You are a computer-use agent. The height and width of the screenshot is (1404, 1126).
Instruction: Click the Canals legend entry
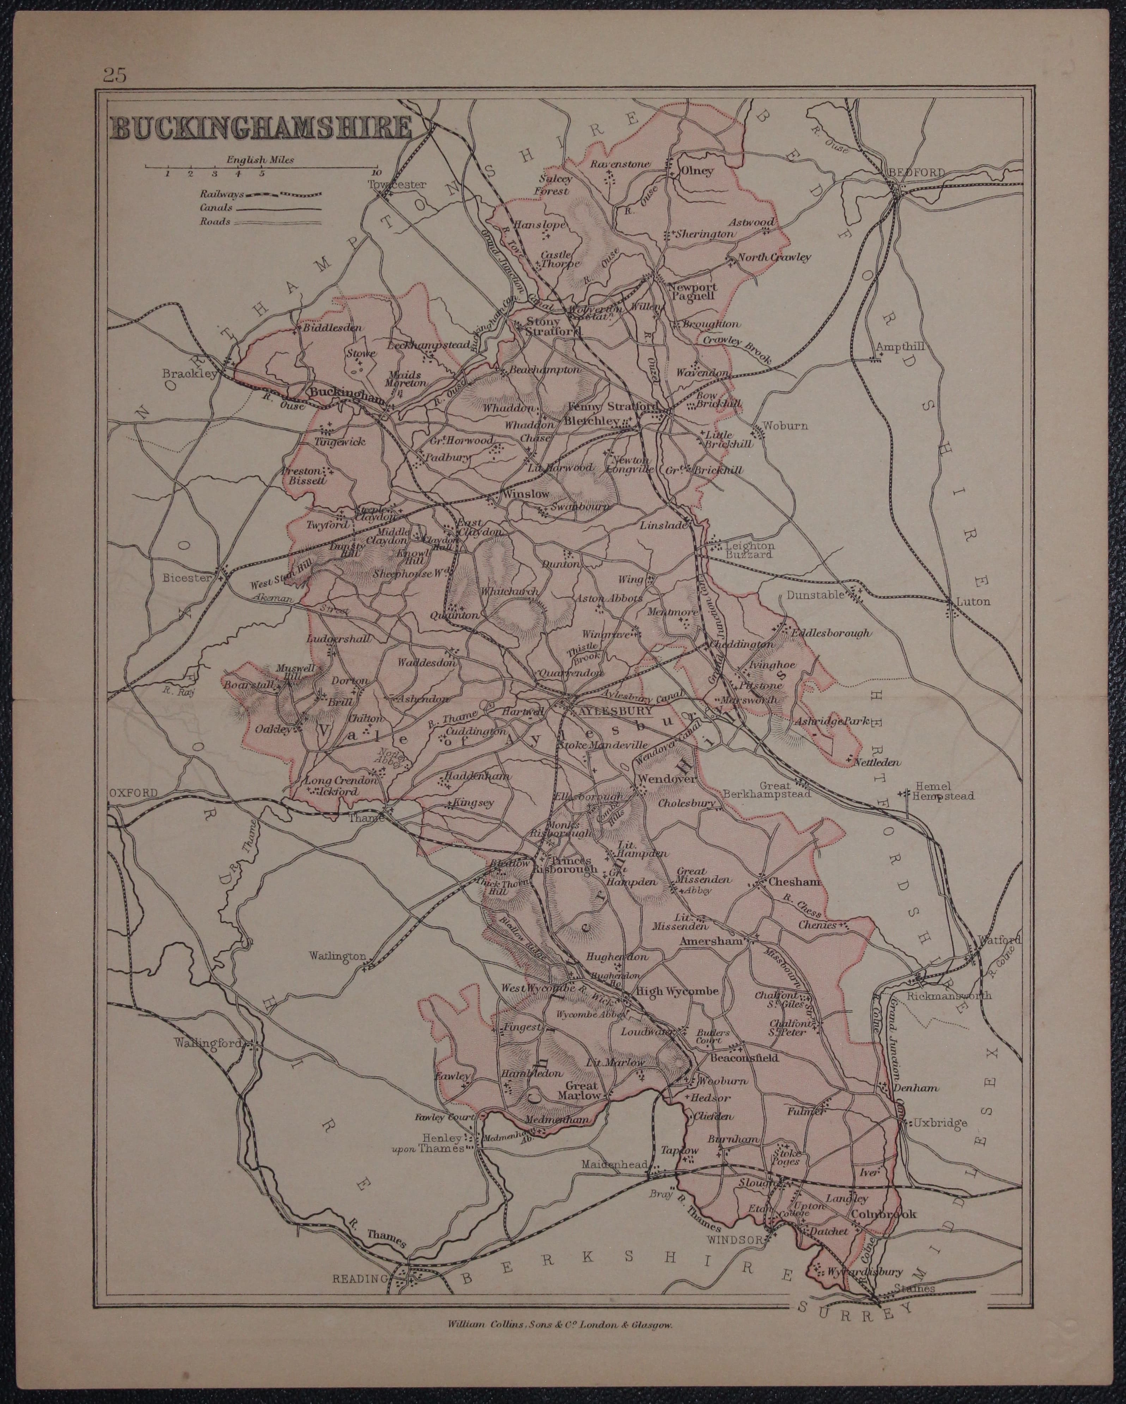pyautogui.click(x=215, y=208)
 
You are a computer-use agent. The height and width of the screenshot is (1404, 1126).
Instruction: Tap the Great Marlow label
pyautogui.click(x=581, y=1090)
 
